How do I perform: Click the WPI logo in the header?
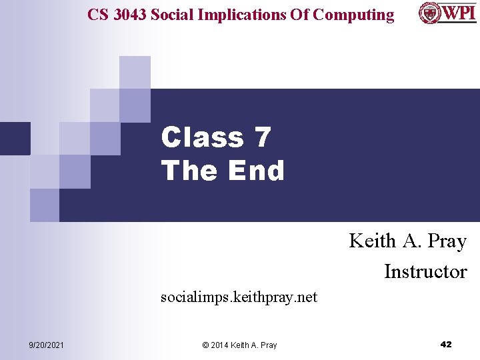447,13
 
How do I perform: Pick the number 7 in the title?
263,137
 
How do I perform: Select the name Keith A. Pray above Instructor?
407,241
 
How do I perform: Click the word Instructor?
425,271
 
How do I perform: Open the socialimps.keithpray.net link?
239,297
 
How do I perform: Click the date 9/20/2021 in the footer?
47,345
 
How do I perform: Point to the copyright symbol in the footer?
205,345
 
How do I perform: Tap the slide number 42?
446,344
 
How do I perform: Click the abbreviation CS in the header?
97,15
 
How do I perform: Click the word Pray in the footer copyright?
268,345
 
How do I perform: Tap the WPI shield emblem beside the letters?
429,13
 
